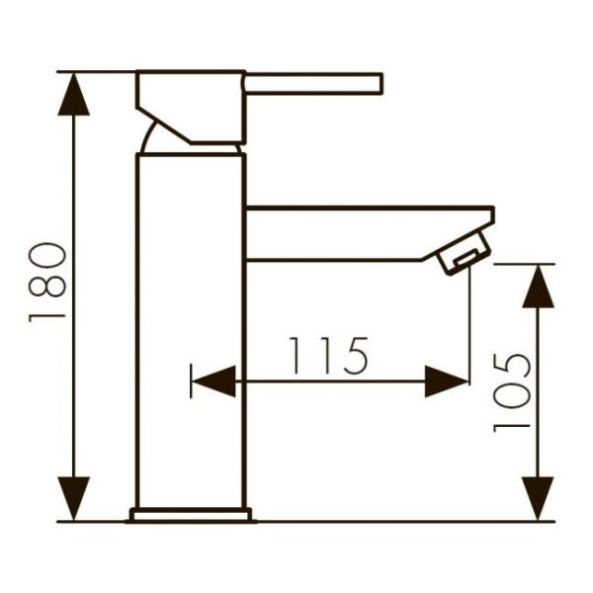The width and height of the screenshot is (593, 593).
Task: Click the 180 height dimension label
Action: [47, 283]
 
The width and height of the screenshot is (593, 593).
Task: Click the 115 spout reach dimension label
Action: [329, 356]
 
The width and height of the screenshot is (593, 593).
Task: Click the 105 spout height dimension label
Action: [513, 392]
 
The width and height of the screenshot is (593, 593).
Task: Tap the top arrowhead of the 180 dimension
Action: [73, 93]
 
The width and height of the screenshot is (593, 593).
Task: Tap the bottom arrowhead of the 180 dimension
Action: [73, 499]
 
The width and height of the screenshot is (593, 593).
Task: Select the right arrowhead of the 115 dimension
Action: [447, 381]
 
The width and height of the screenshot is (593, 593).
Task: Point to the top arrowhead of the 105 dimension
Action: [538, 286]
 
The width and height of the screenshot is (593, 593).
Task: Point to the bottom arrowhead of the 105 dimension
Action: [538, 499]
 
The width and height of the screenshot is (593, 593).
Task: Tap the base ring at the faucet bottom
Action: [191, 514]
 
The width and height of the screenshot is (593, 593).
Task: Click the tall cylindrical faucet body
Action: [190, 326]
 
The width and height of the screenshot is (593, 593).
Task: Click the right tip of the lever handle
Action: [379, 83]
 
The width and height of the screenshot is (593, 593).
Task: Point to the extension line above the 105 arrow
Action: [524, 264]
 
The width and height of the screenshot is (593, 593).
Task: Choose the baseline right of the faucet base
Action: [395, 521]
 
